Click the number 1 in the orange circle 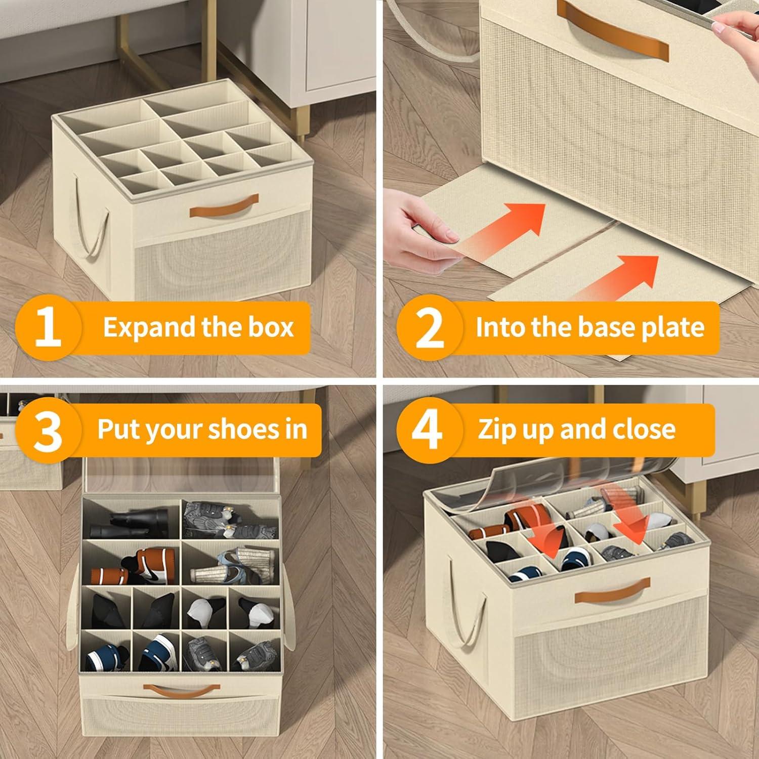49,327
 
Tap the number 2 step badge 429,327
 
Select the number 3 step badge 49,430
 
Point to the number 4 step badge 428,430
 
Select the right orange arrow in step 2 615,278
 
